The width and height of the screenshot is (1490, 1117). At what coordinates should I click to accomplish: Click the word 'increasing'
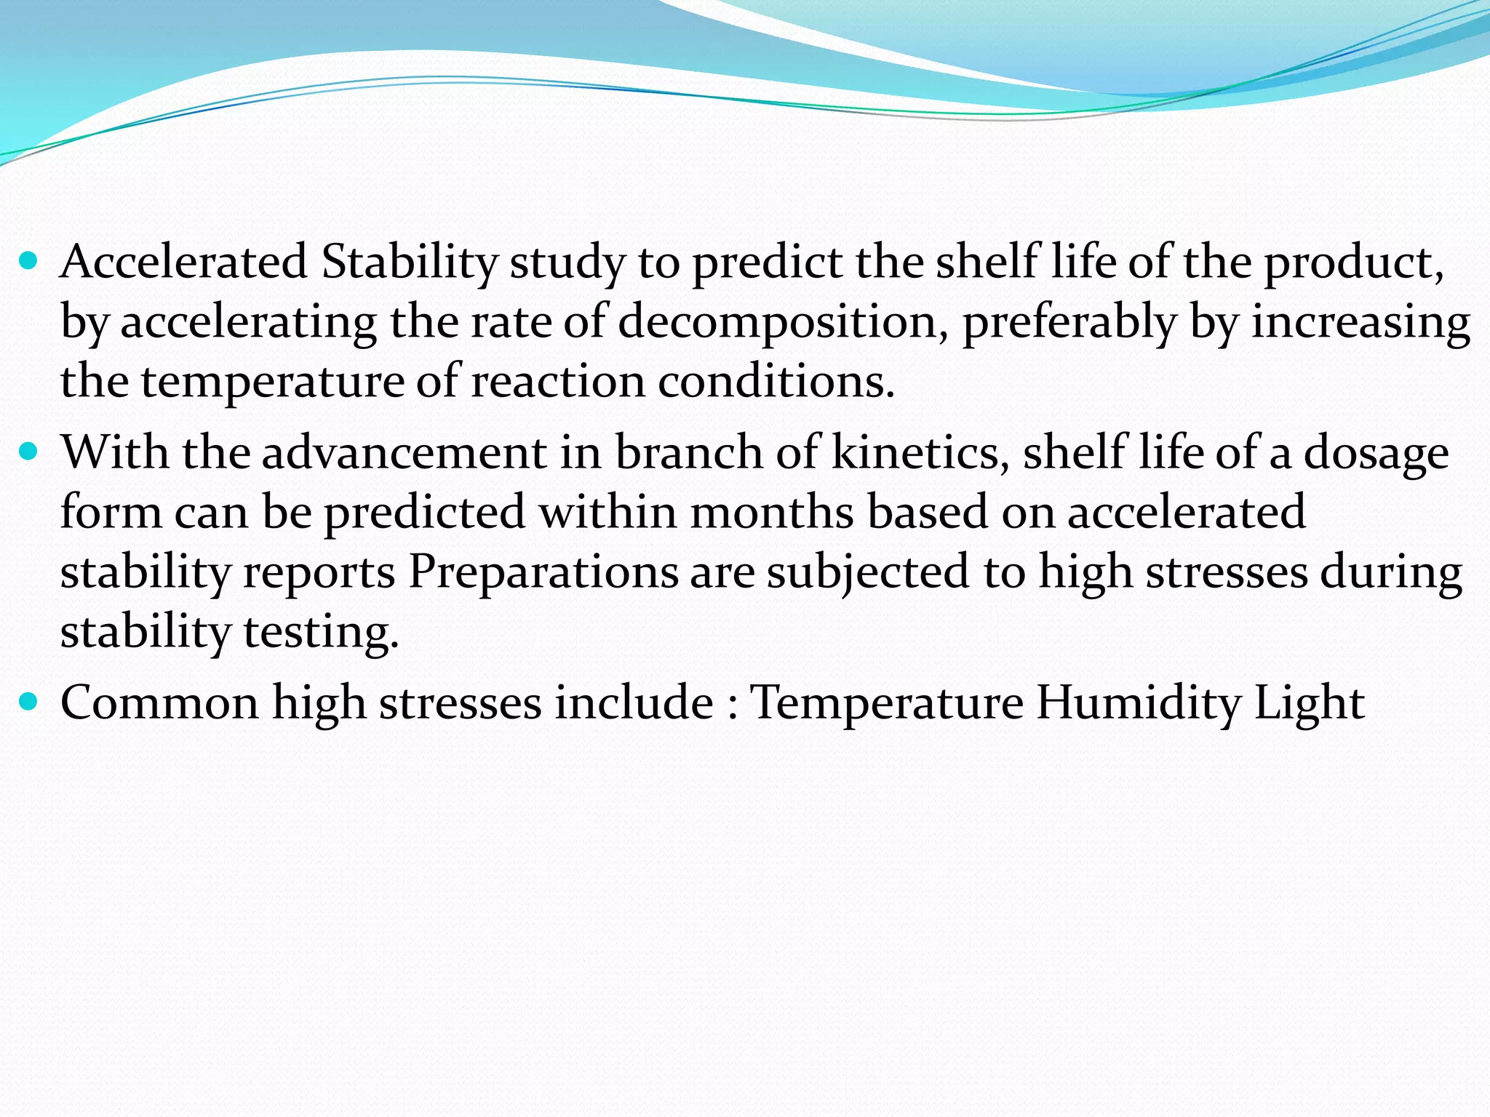pyautogui.click(x=1360, y=322)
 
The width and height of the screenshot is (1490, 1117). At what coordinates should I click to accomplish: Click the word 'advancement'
pyautogui.click(x=404, y=452)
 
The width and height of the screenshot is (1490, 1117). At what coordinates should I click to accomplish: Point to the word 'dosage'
pyautogui.click(x=1376, y=452)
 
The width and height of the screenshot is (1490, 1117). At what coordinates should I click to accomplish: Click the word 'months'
pyautogui.click(x=772, y=512)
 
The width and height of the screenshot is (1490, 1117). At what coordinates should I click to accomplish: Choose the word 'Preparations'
pyautogui.click(x=543, y=572)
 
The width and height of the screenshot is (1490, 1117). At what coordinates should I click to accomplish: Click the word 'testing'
pyautogui.click(x=320, y=631)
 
